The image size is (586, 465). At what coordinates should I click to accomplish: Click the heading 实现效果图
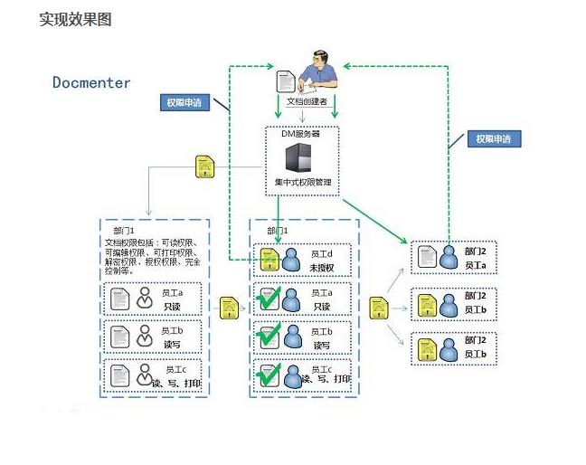(x=75, y=19)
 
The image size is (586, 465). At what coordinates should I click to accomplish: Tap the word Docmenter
(x=91, y=83)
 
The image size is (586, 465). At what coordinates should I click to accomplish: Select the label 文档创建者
(x=307, y=102)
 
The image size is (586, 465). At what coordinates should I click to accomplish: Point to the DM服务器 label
(x=300, y=133)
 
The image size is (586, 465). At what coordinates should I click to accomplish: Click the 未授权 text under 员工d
(x=322, y=268)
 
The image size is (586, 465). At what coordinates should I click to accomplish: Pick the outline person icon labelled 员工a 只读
(x=145, y=298)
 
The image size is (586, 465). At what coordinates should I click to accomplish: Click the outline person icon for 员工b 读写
(x=145, y=337)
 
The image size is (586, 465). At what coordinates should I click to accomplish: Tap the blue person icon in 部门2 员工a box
(x=449, y=259)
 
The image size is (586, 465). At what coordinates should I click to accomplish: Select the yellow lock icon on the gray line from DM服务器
(x=205, y=166)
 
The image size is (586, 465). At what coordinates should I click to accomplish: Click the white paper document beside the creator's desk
(x=285, y=82)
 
